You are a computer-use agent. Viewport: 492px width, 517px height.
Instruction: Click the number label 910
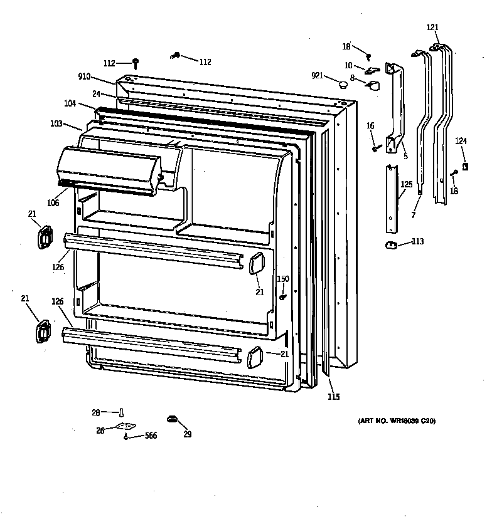coord(84,76)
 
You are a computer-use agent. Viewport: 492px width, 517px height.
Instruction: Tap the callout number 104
coord(70,103)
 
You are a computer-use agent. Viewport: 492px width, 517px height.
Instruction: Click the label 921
coord(318,76)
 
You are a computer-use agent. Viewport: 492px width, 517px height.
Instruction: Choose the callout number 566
coord(151,436)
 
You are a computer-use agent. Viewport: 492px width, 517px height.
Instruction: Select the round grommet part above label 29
coord(170,419)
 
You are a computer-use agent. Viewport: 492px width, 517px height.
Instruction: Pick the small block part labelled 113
coord(390,244)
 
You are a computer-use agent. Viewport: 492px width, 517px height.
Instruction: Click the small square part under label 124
coord(465,166)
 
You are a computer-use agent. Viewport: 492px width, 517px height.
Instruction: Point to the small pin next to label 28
coord(122,412)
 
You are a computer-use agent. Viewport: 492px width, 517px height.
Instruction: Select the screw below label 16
coord(376,148)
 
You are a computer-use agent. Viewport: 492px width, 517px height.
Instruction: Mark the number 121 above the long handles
coord(432,27)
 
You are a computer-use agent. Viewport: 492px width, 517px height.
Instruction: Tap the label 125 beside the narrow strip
coord(407,184)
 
